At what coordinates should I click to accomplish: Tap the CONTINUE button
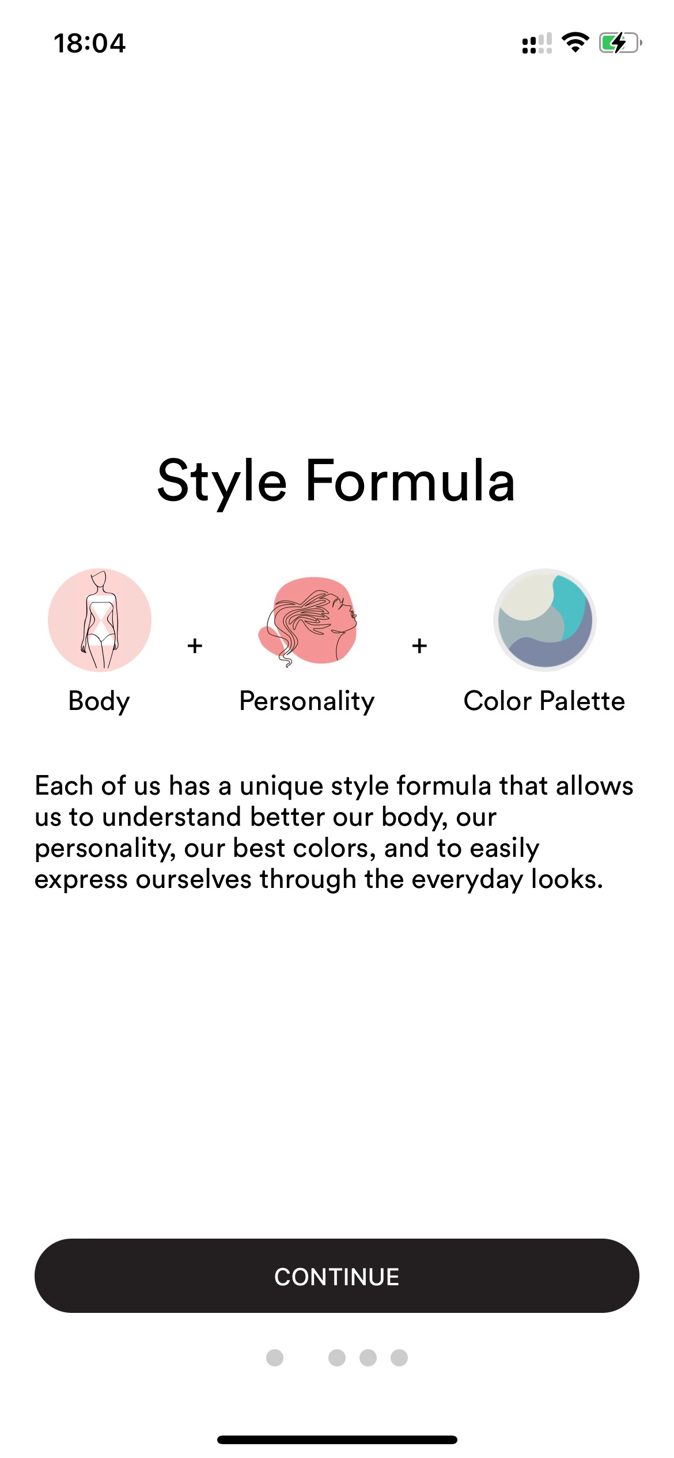[337, 1276]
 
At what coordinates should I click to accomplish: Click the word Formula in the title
[410, 480]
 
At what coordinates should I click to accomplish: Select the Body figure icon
[100, 620]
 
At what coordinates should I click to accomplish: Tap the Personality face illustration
[308, 621]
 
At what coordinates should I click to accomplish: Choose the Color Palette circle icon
[544, 620]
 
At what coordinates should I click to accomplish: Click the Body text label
[99, 702]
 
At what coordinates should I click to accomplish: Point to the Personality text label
[307, 702]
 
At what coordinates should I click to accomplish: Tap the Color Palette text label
[544, 701]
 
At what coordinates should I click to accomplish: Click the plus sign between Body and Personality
[195, 646]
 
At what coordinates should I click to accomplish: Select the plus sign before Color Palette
[419, 646]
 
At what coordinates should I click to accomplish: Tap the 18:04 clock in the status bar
[89, 43]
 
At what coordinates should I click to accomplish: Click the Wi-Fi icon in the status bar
[575, 42]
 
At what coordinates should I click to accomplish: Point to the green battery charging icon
[620, 43]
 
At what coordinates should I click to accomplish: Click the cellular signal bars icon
[537, 43]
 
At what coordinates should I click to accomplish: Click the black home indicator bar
[337, 1440]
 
